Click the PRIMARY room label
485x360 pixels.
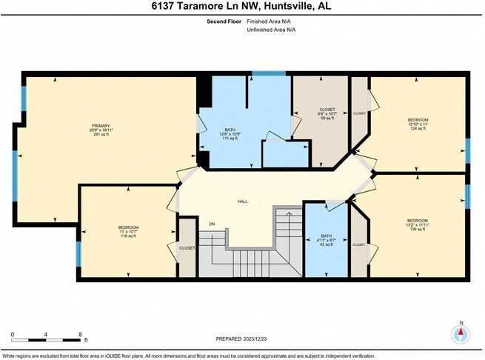click(x=101, y=125)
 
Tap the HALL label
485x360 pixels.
click(x=242, y=201)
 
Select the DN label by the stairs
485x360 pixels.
click(x=211, y=223)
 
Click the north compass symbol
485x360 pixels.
click(x=461, y=334)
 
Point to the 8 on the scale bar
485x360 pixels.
click(x=80, y=335)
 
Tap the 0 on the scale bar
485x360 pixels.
click(x=13, y=335)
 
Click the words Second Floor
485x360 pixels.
click(x=224, y=21)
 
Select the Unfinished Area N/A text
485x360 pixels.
click(x=272, y=30)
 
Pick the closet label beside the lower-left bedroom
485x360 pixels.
click(x=187, y=248)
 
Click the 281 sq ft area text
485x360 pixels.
click(x=101, y=134)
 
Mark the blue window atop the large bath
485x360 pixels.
click(x=263, y=73)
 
